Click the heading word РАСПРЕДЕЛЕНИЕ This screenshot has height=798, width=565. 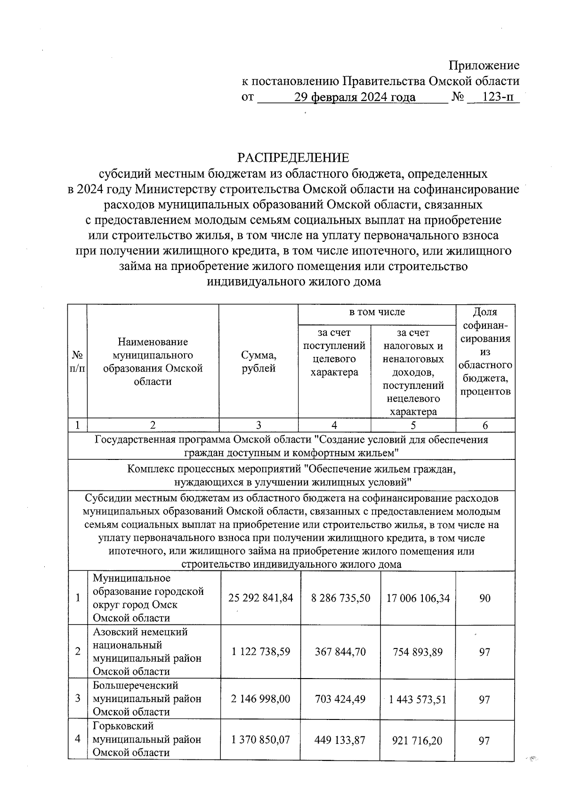(x=293, y=157)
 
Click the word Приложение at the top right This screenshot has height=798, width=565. (x=484, y=65)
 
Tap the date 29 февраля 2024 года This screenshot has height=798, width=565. (x=355, y=97)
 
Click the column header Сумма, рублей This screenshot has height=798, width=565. (x=258, y=362)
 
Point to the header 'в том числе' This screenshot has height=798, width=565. (x=377, y=312)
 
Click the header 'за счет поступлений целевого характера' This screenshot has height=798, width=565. (x=334, y=352)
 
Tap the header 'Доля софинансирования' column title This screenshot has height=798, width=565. (x=485, y=351)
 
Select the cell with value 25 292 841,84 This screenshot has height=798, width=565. (x=260, y=598)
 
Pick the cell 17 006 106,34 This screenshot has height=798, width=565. (x=418, y=598)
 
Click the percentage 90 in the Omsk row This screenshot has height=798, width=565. (x=485, y=598)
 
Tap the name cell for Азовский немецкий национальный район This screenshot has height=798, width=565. (x=147, y=651)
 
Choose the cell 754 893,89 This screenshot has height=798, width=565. (x=418, y=651)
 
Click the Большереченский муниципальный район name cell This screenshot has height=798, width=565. (x=147, y=698)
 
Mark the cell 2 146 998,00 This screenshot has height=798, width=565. (x=260, y=699)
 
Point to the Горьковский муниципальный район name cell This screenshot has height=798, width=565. (x=147, y=739)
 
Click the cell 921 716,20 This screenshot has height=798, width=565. (x=418, y=740)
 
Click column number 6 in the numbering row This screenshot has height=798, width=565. (x=485, y=426)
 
